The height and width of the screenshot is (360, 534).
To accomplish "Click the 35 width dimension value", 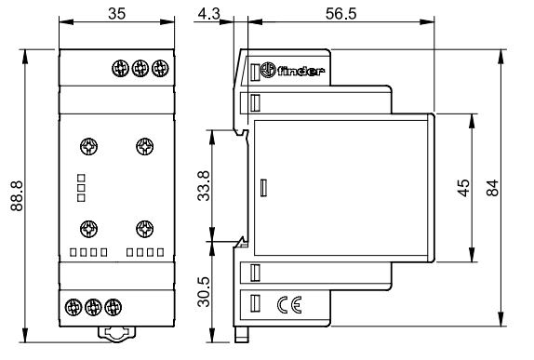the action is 117,14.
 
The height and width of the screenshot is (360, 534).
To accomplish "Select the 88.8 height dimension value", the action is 17,196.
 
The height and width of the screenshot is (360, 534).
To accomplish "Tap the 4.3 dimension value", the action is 208,14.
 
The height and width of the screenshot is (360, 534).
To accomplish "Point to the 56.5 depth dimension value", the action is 340,14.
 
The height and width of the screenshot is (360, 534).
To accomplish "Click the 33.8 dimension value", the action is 205,186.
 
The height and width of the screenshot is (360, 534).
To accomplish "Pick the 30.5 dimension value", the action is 205,291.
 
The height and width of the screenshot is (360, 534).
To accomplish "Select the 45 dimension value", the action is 463,188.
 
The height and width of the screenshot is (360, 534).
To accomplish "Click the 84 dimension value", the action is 493,188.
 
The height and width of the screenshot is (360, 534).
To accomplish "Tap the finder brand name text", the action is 300,72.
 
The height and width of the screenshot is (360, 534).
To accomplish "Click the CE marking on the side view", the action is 289,304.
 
